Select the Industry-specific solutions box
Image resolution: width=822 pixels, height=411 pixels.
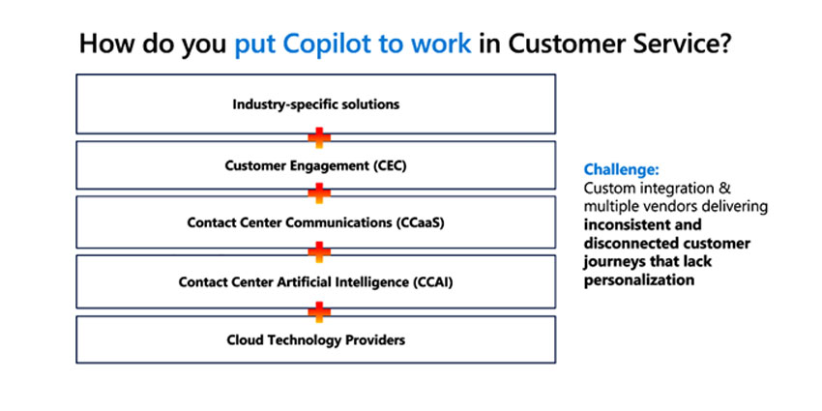(x=316, y=103)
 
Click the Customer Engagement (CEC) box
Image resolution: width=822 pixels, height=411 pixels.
(x=316, y=165)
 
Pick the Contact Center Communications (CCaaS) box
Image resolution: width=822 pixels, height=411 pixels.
(x=316, y=222)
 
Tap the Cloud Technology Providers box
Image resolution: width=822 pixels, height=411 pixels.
(x=316, y=339)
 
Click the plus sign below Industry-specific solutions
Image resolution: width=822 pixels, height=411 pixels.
(x=318, y=136)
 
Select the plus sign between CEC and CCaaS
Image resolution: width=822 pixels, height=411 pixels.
(x=318, y=192)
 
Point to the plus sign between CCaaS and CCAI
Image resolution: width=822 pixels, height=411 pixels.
(x=318, y=251)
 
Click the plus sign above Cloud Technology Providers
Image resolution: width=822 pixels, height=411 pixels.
(x=318, y=311)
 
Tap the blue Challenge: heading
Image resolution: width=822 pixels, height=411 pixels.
(x=621, y=169)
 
